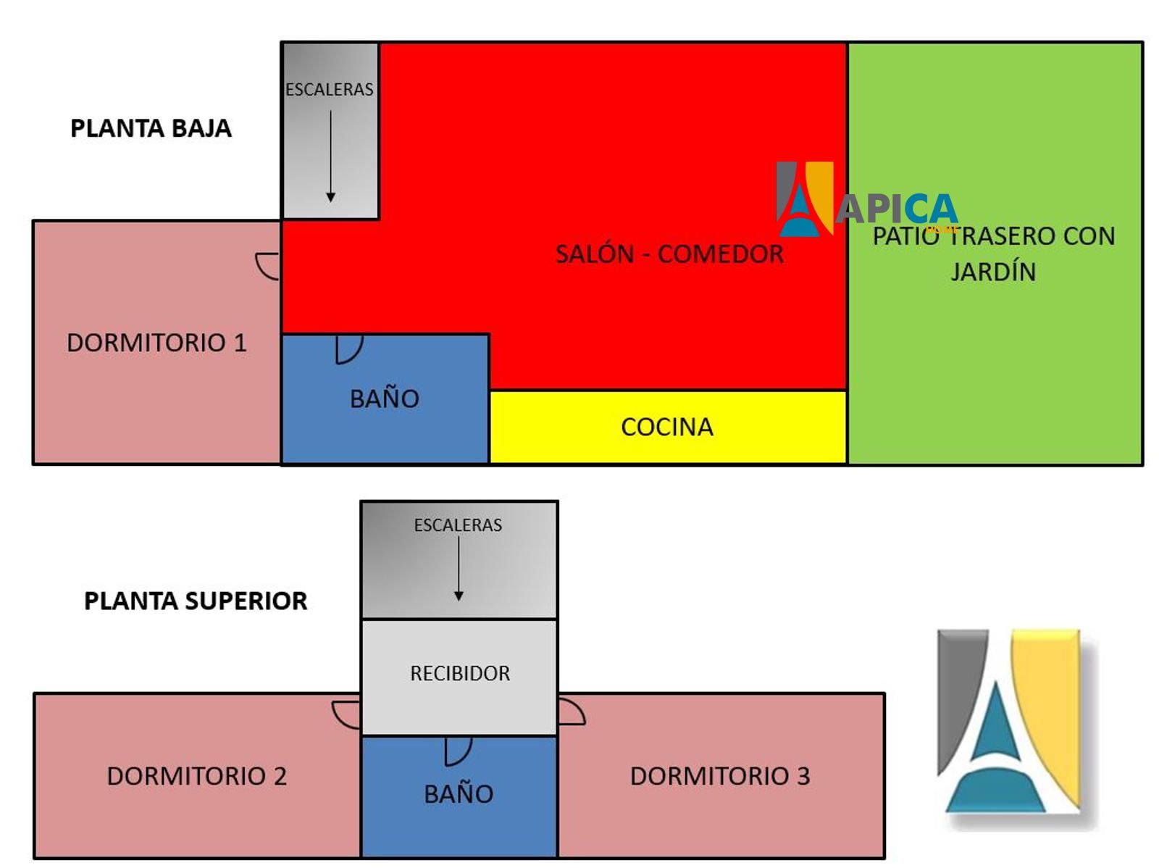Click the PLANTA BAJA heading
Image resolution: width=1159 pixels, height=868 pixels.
click(151, 128)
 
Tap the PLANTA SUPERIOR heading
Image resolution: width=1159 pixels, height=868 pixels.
click(196, 601)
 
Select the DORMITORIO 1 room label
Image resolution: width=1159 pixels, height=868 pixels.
click(156, 343)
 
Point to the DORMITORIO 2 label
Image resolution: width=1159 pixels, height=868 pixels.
click(196, 776)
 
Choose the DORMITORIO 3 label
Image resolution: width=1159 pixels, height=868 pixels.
click(719, 776)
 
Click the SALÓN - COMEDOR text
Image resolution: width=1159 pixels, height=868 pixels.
click(669, 254)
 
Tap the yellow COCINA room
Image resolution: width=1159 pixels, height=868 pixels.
click(667, 427)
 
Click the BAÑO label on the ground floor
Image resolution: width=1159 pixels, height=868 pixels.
click(385, 398)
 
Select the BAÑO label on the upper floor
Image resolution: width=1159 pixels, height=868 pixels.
click(459, 794)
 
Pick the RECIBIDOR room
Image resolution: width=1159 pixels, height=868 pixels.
click(460, 674)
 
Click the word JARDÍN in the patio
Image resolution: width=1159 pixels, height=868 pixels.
click(993, 272)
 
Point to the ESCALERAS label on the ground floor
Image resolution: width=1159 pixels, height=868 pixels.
click(330, 89)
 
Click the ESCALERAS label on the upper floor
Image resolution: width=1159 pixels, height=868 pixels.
click(458, 525)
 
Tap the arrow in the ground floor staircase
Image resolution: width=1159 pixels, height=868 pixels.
click(330, 156)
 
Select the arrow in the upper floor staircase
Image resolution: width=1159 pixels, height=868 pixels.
click(459, 569)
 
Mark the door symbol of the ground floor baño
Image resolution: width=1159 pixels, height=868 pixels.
click(348, 349)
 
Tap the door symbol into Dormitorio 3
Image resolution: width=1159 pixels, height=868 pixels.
click(571, 712)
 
